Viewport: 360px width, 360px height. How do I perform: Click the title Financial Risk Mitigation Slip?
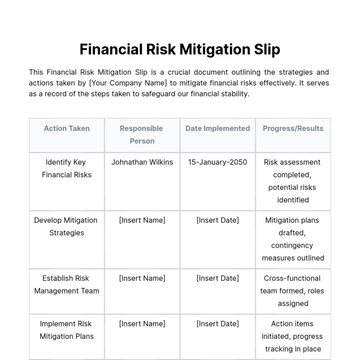click(x=180, y=49)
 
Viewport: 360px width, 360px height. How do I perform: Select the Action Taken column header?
click(x=66, y=128)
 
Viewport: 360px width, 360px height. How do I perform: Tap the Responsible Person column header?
click(x=142, y=134)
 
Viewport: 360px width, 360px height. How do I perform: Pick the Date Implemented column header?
click(x=217, y=128)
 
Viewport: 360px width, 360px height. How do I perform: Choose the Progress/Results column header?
click(x=293, y=128)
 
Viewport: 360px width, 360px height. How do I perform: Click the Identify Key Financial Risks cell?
click(x=66, y=168)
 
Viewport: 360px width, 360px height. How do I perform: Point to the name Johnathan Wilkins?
click(x=142, y=162)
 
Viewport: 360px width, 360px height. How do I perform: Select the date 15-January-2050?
click(x=217, y=162)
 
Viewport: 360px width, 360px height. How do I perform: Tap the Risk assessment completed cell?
click(x=293, y=181)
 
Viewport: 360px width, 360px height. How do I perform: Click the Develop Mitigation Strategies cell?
click(x=66, y=226)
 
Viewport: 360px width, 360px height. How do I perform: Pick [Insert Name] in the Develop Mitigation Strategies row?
click(x=142, y=220)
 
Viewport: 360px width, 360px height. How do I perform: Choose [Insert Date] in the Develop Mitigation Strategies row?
click(x=217, y=220)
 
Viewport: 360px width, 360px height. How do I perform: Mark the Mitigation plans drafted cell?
click(x=293, y=239)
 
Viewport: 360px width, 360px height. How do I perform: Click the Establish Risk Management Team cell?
click(x=66, y=284)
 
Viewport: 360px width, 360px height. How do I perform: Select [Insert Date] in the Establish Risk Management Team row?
click(x=217, y=278)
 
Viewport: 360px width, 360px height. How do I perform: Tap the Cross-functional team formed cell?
click(x=293, y=290)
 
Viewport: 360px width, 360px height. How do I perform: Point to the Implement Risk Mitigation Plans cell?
click(x=66, y=330)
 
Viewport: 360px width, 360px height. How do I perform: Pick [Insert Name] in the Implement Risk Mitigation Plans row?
click(x=142, y=324)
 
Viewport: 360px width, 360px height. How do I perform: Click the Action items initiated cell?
click(x=293, y=336)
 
